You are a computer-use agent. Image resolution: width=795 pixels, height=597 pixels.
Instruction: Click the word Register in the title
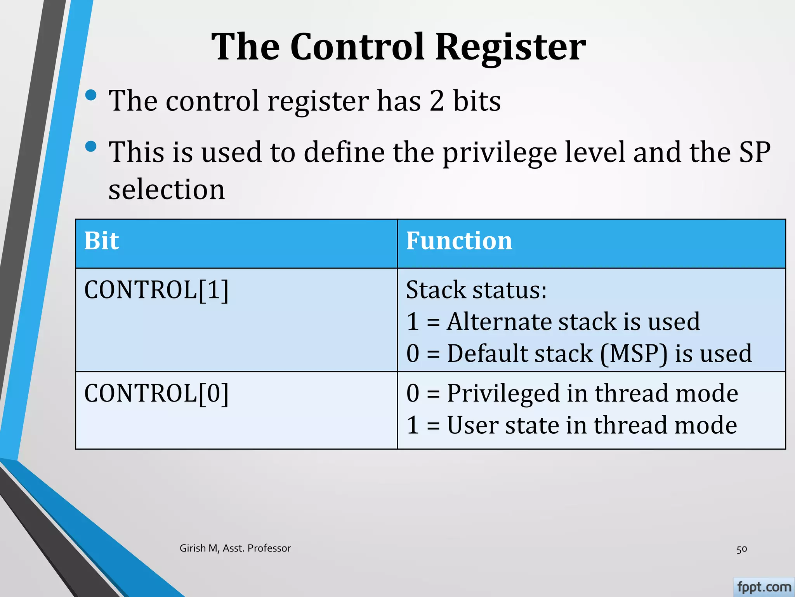[510, 47]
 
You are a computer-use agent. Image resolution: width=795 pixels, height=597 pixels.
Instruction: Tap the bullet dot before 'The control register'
[91, 95]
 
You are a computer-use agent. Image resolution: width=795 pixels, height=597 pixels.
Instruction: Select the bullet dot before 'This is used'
[91, 147]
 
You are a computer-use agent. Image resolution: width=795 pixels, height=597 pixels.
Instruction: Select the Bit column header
[101, 241]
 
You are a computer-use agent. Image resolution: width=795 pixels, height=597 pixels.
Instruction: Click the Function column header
[459, 241]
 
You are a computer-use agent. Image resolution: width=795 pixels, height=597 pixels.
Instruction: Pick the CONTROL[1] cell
[156, 290]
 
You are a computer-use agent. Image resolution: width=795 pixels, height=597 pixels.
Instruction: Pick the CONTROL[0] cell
[156, 393]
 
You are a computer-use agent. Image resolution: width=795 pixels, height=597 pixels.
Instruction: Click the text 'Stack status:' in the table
[476, 290]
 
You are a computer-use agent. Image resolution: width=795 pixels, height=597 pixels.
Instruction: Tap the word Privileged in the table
[503, 393]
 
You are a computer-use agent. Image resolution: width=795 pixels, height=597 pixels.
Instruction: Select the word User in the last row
[472, 425]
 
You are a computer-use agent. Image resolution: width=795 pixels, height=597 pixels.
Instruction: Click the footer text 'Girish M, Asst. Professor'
[235, 548]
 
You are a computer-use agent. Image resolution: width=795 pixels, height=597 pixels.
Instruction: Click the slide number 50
[741, 549]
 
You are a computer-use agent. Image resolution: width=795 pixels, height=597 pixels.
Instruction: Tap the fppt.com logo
[764, 587]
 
